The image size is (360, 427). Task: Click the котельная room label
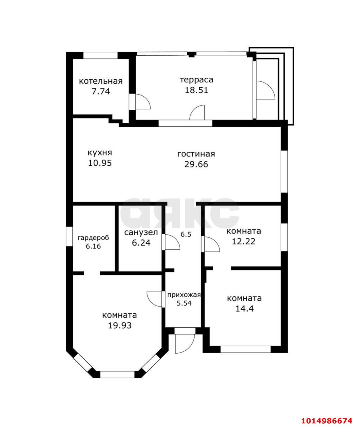101,81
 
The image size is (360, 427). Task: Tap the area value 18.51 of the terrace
197,90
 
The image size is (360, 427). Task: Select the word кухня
100,153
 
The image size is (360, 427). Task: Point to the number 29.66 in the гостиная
196,164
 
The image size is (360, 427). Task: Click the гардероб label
93,238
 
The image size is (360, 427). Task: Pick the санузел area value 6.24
141,243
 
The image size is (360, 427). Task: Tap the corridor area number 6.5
186,235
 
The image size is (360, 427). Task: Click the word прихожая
184,295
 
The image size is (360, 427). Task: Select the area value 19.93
120,325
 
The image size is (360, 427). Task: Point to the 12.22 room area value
244,242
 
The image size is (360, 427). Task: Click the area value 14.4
245,309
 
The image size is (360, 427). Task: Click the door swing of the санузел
172,242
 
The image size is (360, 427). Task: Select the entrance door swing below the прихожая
184,344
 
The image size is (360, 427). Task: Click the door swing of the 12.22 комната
212,244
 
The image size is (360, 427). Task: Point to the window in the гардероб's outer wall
69,237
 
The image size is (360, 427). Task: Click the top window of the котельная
101,55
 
